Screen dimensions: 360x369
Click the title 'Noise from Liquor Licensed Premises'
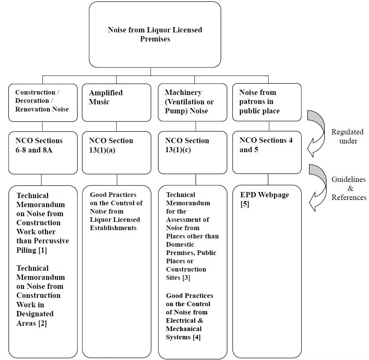click(155, 34)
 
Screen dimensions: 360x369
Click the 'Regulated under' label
click(347, 136)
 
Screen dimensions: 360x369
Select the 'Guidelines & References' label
click(349, 188)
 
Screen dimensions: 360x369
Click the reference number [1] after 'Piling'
click(43, 250)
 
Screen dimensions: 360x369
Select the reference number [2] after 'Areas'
click(43, 323)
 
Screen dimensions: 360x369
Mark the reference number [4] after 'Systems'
click(196, 337)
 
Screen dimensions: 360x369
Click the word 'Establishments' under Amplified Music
click(113, 228)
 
